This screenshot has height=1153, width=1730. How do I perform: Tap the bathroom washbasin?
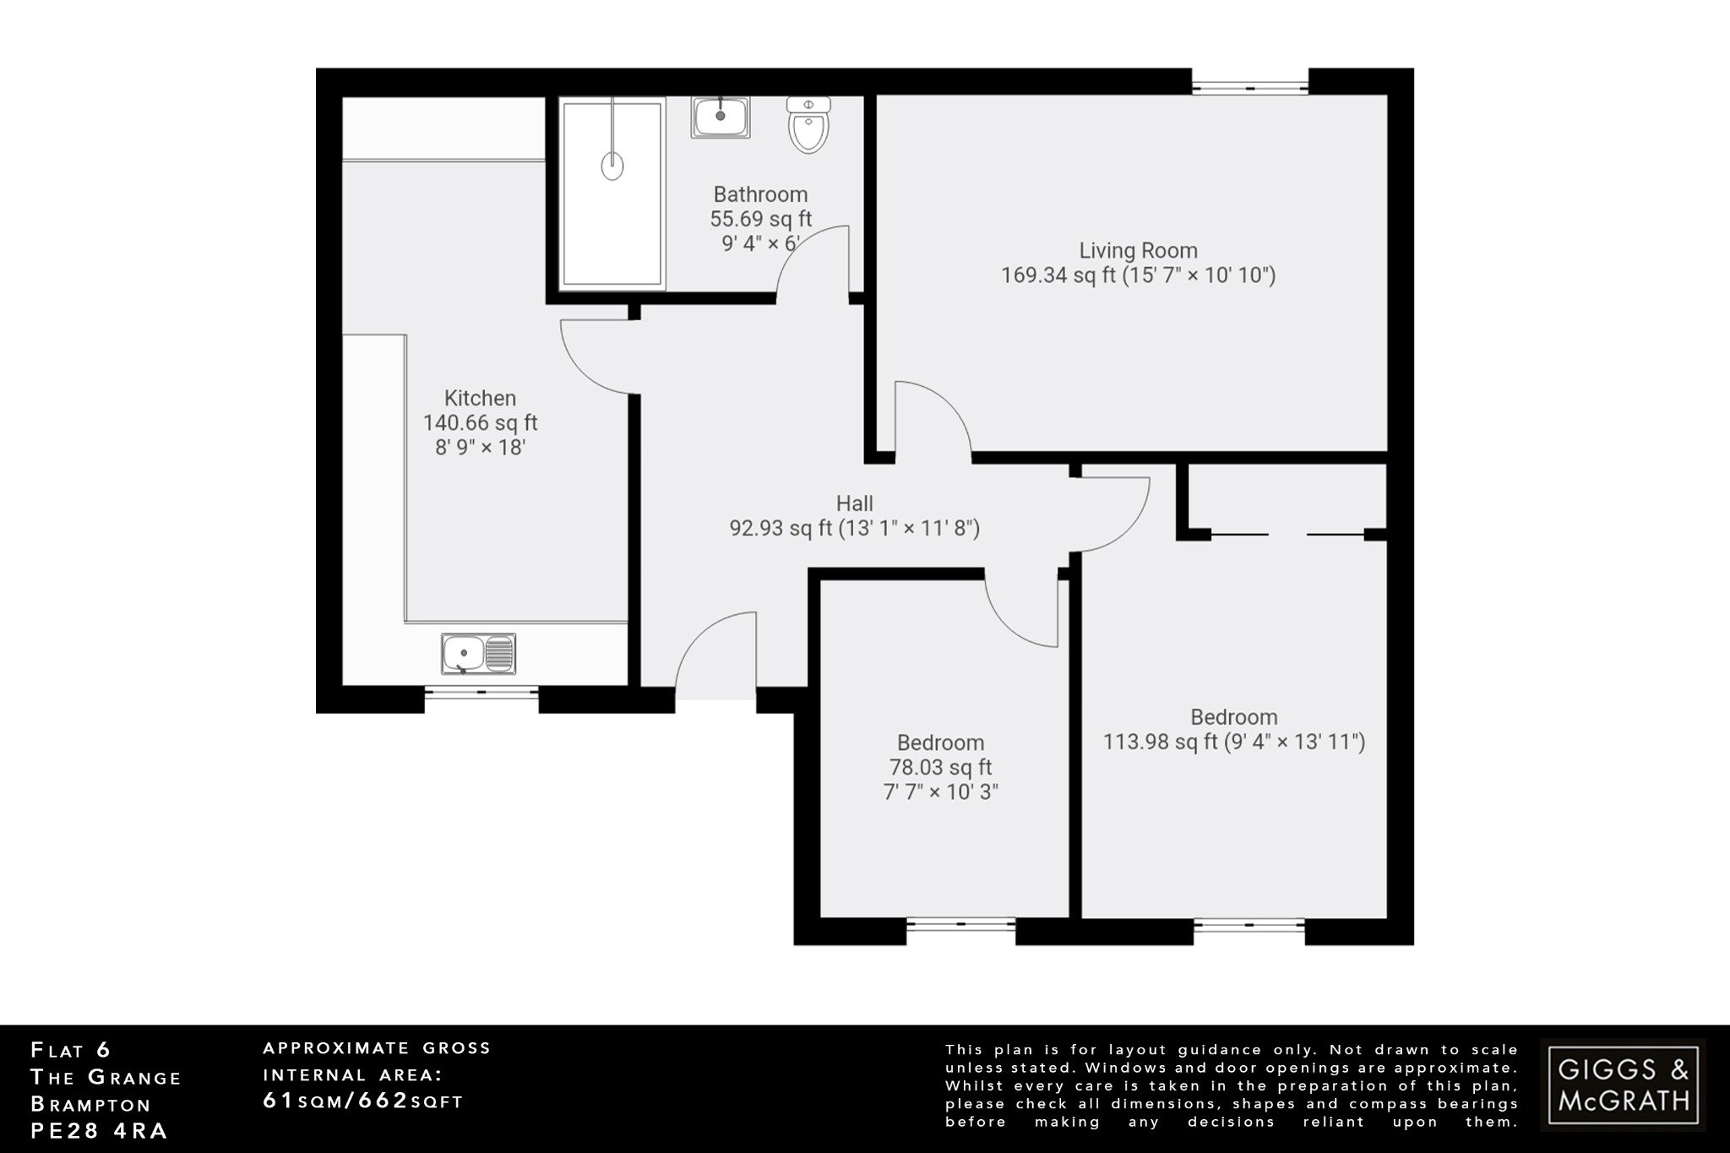(721, 117)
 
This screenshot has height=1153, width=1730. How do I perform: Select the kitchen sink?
(478, 654)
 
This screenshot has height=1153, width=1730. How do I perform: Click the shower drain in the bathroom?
(612, 166)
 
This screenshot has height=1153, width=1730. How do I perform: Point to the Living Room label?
(1138, 251)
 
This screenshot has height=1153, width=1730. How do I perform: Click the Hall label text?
(854, 504)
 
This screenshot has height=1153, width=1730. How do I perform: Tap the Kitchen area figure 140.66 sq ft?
(480, 423)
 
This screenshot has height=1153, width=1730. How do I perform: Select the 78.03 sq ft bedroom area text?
(940, 768)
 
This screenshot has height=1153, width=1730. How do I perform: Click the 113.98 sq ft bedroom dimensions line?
(1233, 742)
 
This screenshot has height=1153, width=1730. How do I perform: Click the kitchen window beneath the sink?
(481, 692)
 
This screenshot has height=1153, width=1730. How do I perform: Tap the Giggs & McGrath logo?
(1623, 1085)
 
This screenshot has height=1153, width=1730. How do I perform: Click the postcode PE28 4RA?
(99, 1131)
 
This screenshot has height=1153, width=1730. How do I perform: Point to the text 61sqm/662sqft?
(363, 1101)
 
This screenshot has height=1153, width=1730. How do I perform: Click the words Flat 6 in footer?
(71, 1051)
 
